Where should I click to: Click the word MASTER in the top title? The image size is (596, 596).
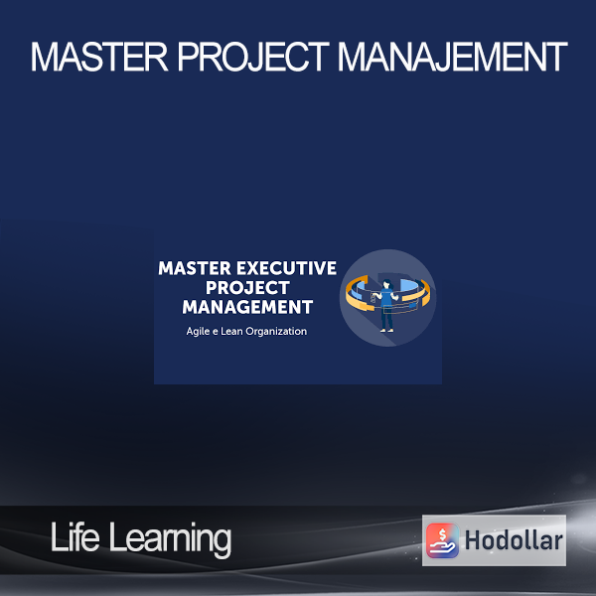coord(98,57)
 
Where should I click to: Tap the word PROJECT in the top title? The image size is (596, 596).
coord(253,57)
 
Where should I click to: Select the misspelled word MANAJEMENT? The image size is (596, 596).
coord(453,57)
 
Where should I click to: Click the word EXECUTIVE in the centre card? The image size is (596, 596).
coord(286,268)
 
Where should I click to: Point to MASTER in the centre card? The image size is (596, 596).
coord(195,268)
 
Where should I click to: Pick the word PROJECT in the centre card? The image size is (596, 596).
coord(247,287)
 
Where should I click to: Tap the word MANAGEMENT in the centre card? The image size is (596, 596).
coord(247,307)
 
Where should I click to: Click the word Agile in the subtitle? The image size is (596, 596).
coord(198,332)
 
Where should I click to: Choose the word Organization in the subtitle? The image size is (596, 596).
coord(276,332)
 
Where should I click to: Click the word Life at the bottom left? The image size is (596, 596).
coord(74,536)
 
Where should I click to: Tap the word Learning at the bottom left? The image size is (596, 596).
coord(170,539)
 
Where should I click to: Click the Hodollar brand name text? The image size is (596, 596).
coord(514,540)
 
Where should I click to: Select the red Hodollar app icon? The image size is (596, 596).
coord(442,540)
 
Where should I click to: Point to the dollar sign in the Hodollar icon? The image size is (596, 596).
coord(442,534)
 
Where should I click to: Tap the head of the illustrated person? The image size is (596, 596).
coord(386,284)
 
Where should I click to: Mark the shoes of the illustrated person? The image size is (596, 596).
coord(386,331)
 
